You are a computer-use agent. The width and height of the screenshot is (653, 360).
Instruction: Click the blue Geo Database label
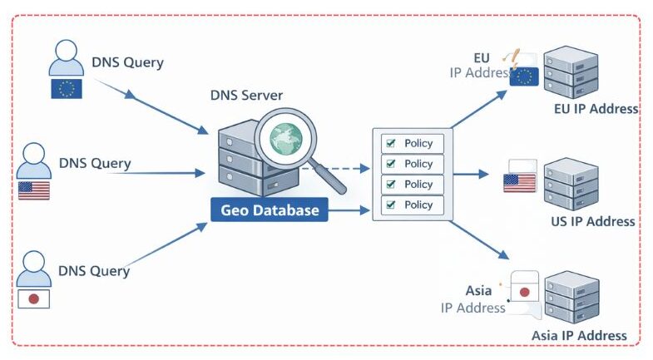(x=270, y=210)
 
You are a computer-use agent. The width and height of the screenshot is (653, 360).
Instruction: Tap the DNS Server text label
(x=246, y=96)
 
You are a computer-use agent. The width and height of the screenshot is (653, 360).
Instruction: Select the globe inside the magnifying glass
(x=285, y=139)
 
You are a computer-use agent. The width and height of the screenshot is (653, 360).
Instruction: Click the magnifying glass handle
(x=330, y=179)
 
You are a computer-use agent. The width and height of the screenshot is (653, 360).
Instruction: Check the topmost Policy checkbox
(x=391, y=143)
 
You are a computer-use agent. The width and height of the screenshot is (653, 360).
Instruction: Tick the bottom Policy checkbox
(x=391, y=205)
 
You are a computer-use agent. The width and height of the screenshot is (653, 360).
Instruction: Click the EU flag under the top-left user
(x=67, y=89)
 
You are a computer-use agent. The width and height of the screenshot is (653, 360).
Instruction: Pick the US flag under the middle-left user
(x=34, y=190)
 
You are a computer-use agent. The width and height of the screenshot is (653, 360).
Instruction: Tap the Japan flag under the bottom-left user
(x=34, y=298)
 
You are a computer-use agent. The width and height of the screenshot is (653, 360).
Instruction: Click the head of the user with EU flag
(x=67, y=51)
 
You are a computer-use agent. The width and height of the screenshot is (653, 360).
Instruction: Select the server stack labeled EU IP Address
(x=571, y=73)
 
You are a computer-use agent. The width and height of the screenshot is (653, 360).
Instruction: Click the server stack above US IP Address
(x=571, y=184)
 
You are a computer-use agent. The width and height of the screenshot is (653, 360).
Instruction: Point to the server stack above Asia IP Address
(x=571, y=297)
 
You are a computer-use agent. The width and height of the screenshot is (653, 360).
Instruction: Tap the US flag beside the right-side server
(x=519, y=183)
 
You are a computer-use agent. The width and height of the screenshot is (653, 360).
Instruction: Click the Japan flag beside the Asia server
(x=525, y=292)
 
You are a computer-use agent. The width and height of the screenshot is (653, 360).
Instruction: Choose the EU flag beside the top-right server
(x=524, y=76)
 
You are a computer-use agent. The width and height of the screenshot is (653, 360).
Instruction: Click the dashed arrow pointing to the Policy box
(x=336, y=169)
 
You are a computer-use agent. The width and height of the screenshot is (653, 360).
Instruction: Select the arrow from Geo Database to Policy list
(x=349, y=210)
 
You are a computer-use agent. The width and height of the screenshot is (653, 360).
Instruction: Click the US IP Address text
(x=592, y=221)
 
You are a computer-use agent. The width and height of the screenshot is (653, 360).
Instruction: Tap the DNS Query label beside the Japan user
(x=94, y=271)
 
